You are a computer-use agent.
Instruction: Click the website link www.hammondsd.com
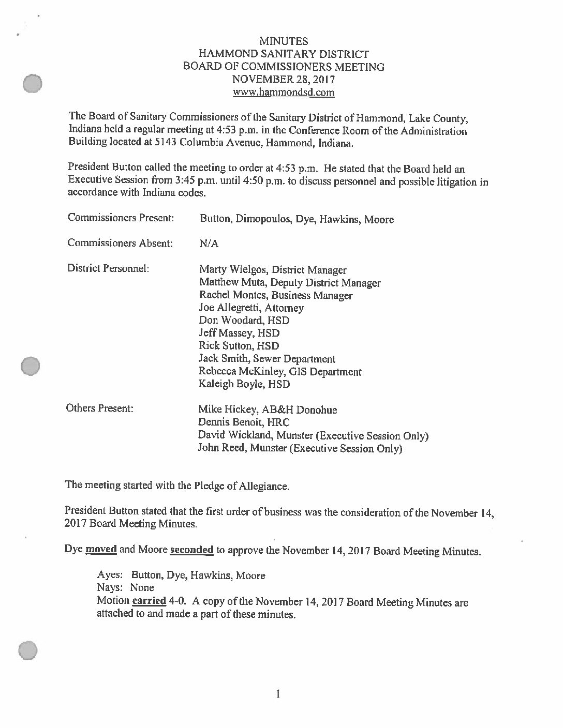pyautogui.click(x=284, y=93)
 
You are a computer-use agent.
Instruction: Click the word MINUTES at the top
pyautogui.click(x=284, y=41)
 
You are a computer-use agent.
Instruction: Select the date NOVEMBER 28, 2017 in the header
pyautogui.click(x=284, y=80)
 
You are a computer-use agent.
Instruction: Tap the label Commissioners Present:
pyautogui.click(x=120, y=218)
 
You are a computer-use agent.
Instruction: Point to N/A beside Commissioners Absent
pyautogui.click(x=209, y=244)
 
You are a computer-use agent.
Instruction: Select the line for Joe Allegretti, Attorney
pyautogui.click(x=251, y=308)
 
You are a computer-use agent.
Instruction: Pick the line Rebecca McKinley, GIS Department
pyautogui.click(x=280, y=372)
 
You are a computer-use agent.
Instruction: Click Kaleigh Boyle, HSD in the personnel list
pyautogui.click(x=244, y=384)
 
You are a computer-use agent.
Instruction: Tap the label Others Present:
pyautogui.click(x=99, y=408)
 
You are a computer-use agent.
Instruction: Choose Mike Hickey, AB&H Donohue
pyautogui.click(x=268, y=410)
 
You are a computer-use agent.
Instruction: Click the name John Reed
pyautogui.click(x=221, y=448)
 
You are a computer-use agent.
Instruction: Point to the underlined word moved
pyautogui.click(x=101, y=549)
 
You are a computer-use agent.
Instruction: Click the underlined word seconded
pyautogui.click(x=191, y=550)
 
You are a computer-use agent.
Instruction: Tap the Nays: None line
pyautogui.click(x=125, y=588)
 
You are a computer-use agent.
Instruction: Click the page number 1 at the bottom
pyautogui.click(x=278, y=694)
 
